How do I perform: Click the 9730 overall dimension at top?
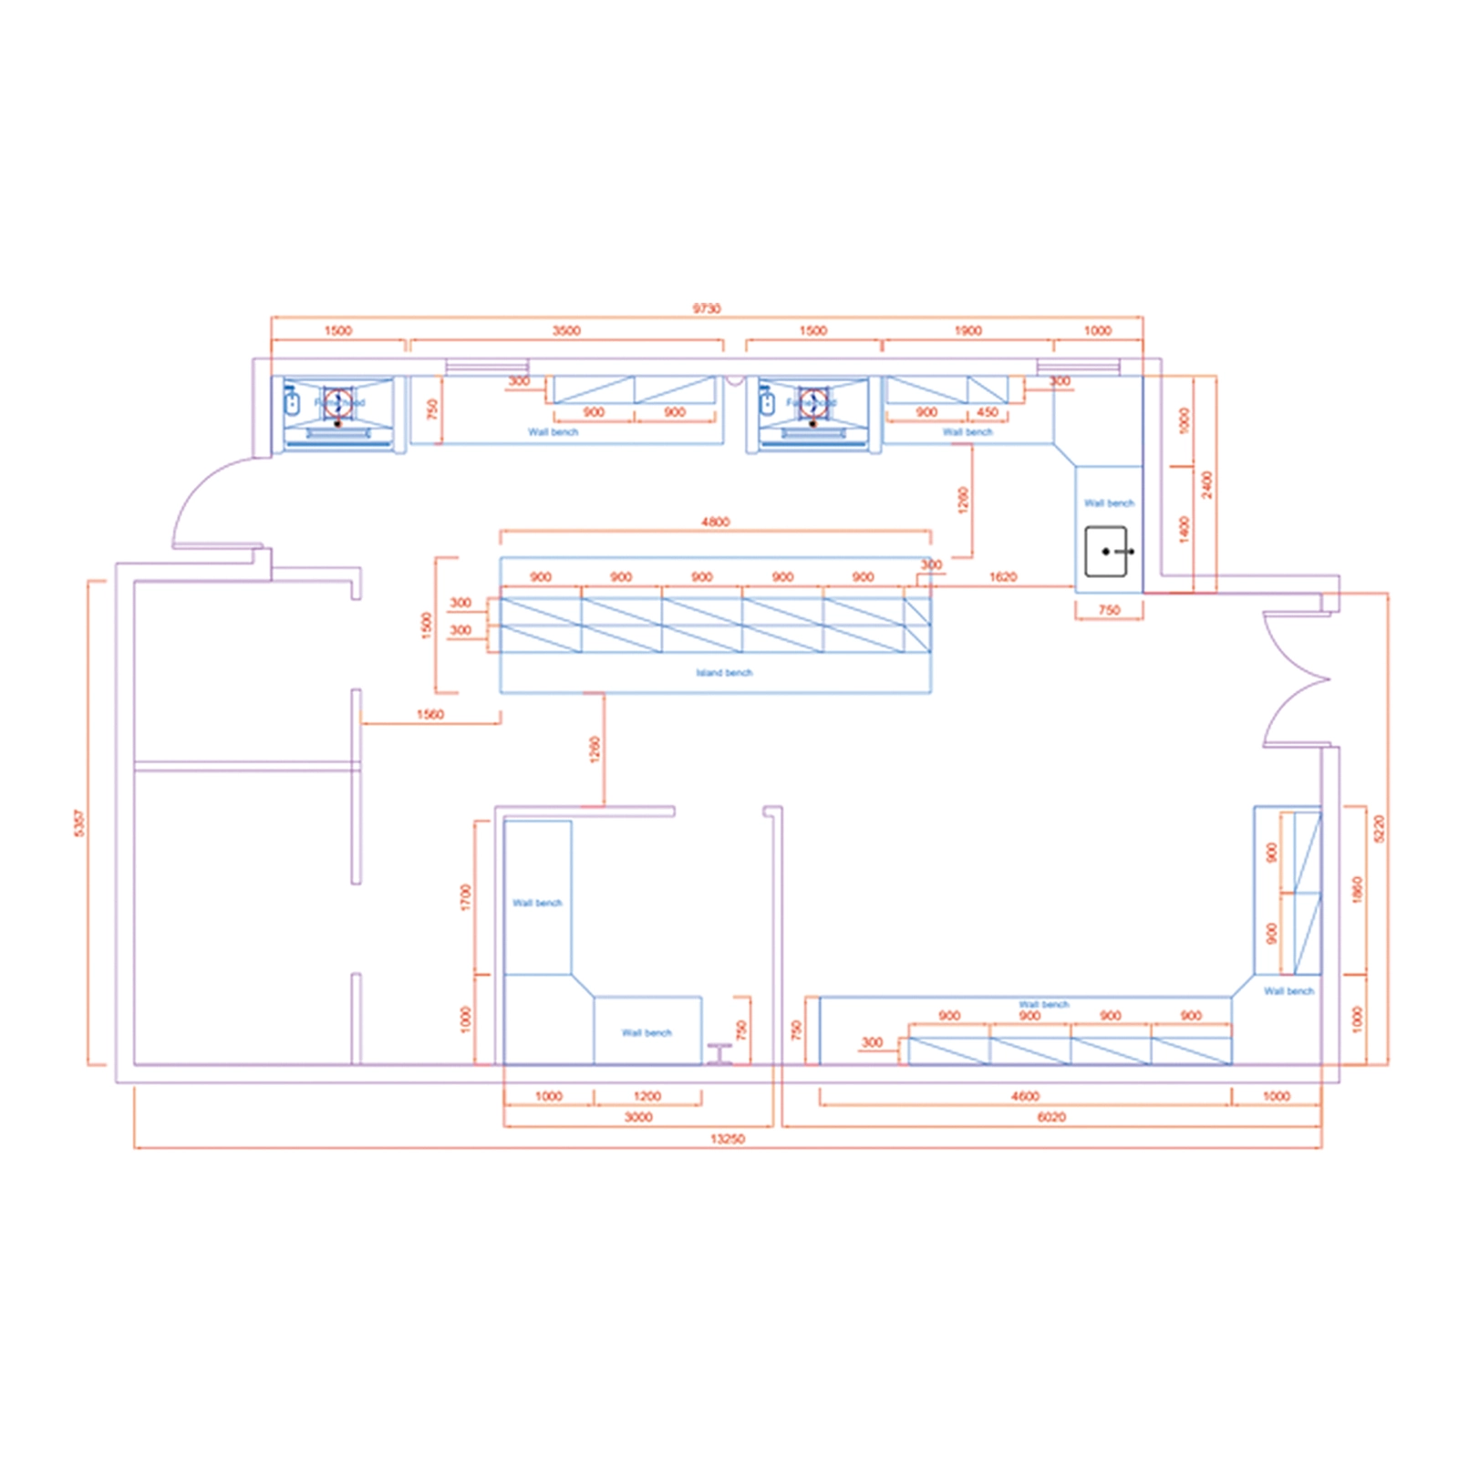click(706, 308)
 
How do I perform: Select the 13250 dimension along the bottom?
click(728, 1139)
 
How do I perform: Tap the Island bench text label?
click(724, 673)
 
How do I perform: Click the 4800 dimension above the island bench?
click(715, 522)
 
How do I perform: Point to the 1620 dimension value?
click(1002, 576)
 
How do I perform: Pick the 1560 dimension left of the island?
click(429, 714)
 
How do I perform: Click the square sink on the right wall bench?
click(1106, 552)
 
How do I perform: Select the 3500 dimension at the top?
click(565, 330)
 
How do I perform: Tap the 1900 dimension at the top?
click(967, 330)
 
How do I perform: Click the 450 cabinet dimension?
click(987, 412)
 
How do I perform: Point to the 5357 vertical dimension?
click(79, 823)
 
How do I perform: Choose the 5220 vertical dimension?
click(1379, 828)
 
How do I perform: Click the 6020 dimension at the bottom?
click(1050, 1117)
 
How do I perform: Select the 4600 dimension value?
click(1025, 1096)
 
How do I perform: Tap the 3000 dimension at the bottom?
click(638, 1117)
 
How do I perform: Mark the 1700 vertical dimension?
click(466, 897)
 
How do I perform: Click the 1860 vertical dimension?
click(1357, 889)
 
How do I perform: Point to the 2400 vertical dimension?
click(1206, 484)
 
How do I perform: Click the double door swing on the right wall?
click(1295, 679)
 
